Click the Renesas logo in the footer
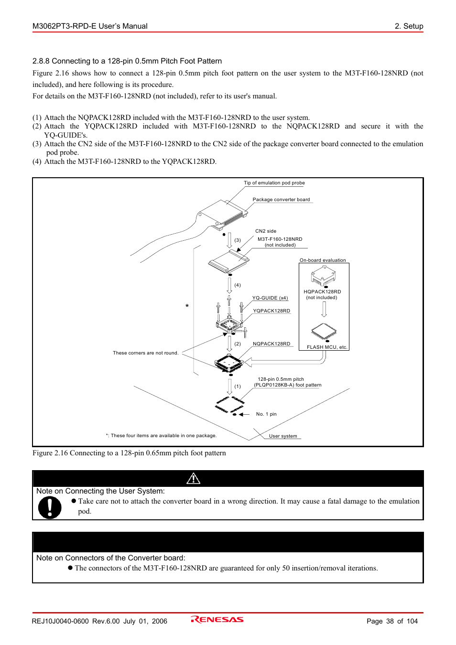[x=217, y=620]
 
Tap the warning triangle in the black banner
[x=193, y=478]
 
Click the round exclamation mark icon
[x=50, y=507]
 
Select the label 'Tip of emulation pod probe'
[x=274, y=183]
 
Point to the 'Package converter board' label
[x=281, y=200]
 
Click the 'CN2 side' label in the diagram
[x=266, y=231]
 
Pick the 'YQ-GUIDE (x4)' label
[x=270, y=298]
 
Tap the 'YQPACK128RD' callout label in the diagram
[x=271, y=311]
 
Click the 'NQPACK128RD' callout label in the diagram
[x=271, y=344]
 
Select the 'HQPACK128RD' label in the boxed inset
[x=322, y=292]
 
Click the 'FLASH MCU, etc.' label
[x=327, y=347]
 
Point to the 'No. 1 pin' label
[x=266, y=414]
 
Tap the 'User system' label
[x=283, y=436]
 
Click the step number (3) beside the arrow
[x=238, y=240]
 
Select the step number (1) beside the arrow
[x=238, y=387]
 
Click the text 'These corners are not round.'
[x=145, y=353]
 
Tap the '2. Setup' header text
[x=409, y=26]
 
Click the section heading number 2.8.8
[x=41, y=61]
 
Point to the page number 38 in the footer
[x=390, y=621]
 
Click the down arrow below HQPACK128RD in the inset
[x=324, y=309]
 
